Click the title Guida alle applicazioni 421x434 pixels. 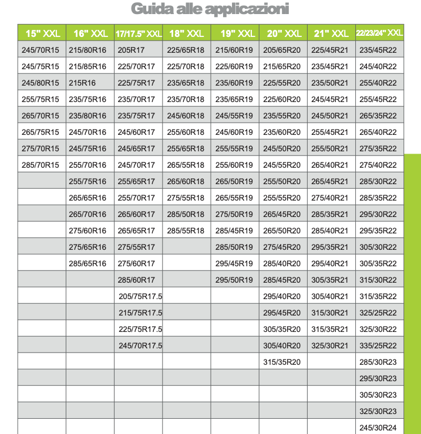(210, 9)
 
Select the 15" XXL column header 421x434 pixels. (42, 33)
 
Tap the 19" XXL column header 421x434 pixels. (235, 33)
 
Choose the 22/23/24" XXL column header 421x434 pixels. (379, 33)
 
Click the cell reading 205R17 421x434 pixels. (131, 50)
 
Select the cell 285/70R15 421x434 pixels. (41, 165)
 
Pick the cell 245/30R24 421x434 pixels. (378, 428)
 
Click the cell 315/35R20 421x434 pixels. (282, 362)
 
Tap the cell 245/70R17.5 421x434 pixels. (140, 345)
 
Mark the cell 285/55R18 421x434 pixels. (186, 230)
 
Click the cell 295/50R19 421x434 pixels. (234, 280)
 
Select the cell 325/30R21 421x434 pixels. (329, 345)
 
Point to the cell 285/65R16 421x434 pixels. (87, 263)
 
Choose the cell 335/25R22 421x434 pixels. (378, 345)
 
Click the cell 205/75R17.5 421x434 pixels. (140, 296)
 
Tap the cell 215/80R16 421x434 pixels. (87, 50)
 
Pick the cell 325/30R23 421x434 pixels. (378, 411)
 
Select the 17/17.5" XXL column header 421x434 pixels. (138, 33)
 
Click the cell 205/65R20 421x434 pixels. (282, 50)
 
